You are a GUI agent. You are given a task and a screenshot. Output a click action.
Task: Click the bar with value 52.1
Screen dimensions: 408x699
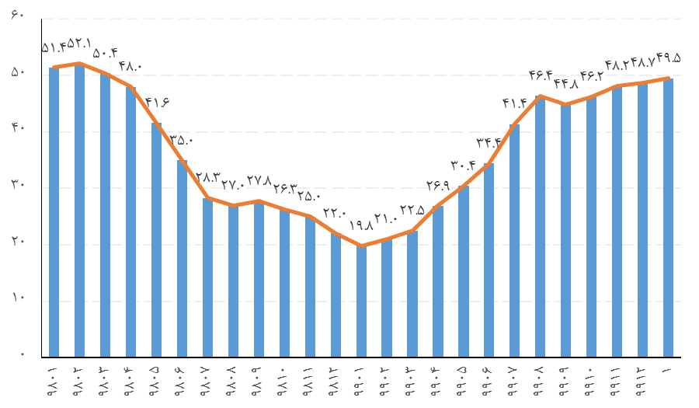79,210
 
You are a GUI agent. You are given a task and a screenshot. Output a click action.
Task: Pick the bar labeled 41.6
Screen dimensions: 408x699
156,240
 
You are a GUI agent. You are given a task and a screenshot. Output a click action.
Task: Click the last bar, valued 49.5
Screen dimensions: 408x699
668,218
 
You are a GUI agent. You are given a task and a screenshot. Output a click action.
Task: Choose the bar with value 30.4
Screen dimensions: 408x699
464,271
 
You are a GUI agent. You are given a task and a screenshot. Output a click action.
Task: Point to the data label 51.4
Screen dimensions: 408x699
54,48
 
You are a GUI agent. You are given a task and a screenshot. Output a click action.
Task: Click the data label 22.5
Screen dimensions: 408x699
412,210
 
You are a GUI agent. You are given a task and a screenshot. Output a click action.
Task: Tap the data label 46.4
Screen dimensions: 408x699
541,75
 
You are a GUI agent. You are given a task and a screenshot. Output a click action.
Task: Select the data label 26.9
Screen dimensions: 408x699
438,185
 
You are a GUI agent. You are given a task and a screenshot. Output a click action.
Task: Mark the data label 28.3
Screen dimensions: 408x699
208,177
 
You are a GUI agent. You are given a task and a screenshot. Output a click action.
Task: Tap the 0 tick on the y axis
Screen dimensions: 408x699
23,357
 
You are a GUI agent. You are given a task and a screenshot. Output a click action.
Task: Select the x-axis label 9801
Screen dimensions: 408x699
53,382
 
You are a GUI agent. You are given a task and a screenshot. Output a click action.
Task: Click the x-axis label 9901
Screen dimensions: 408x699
360,382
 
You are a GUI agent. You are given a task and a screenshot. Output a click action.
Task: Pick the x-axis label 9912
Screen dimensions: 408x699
642,382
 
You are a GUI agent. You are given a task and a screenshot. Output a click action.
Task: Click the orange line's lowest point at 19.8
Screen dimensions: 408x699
361,246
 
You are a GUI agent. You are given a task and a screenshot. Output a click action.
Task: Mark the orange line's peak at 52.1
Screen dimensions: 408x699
79,64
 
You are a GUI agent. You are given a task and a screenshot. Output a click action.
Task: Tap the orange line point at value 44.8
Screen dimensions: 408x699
565,104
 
